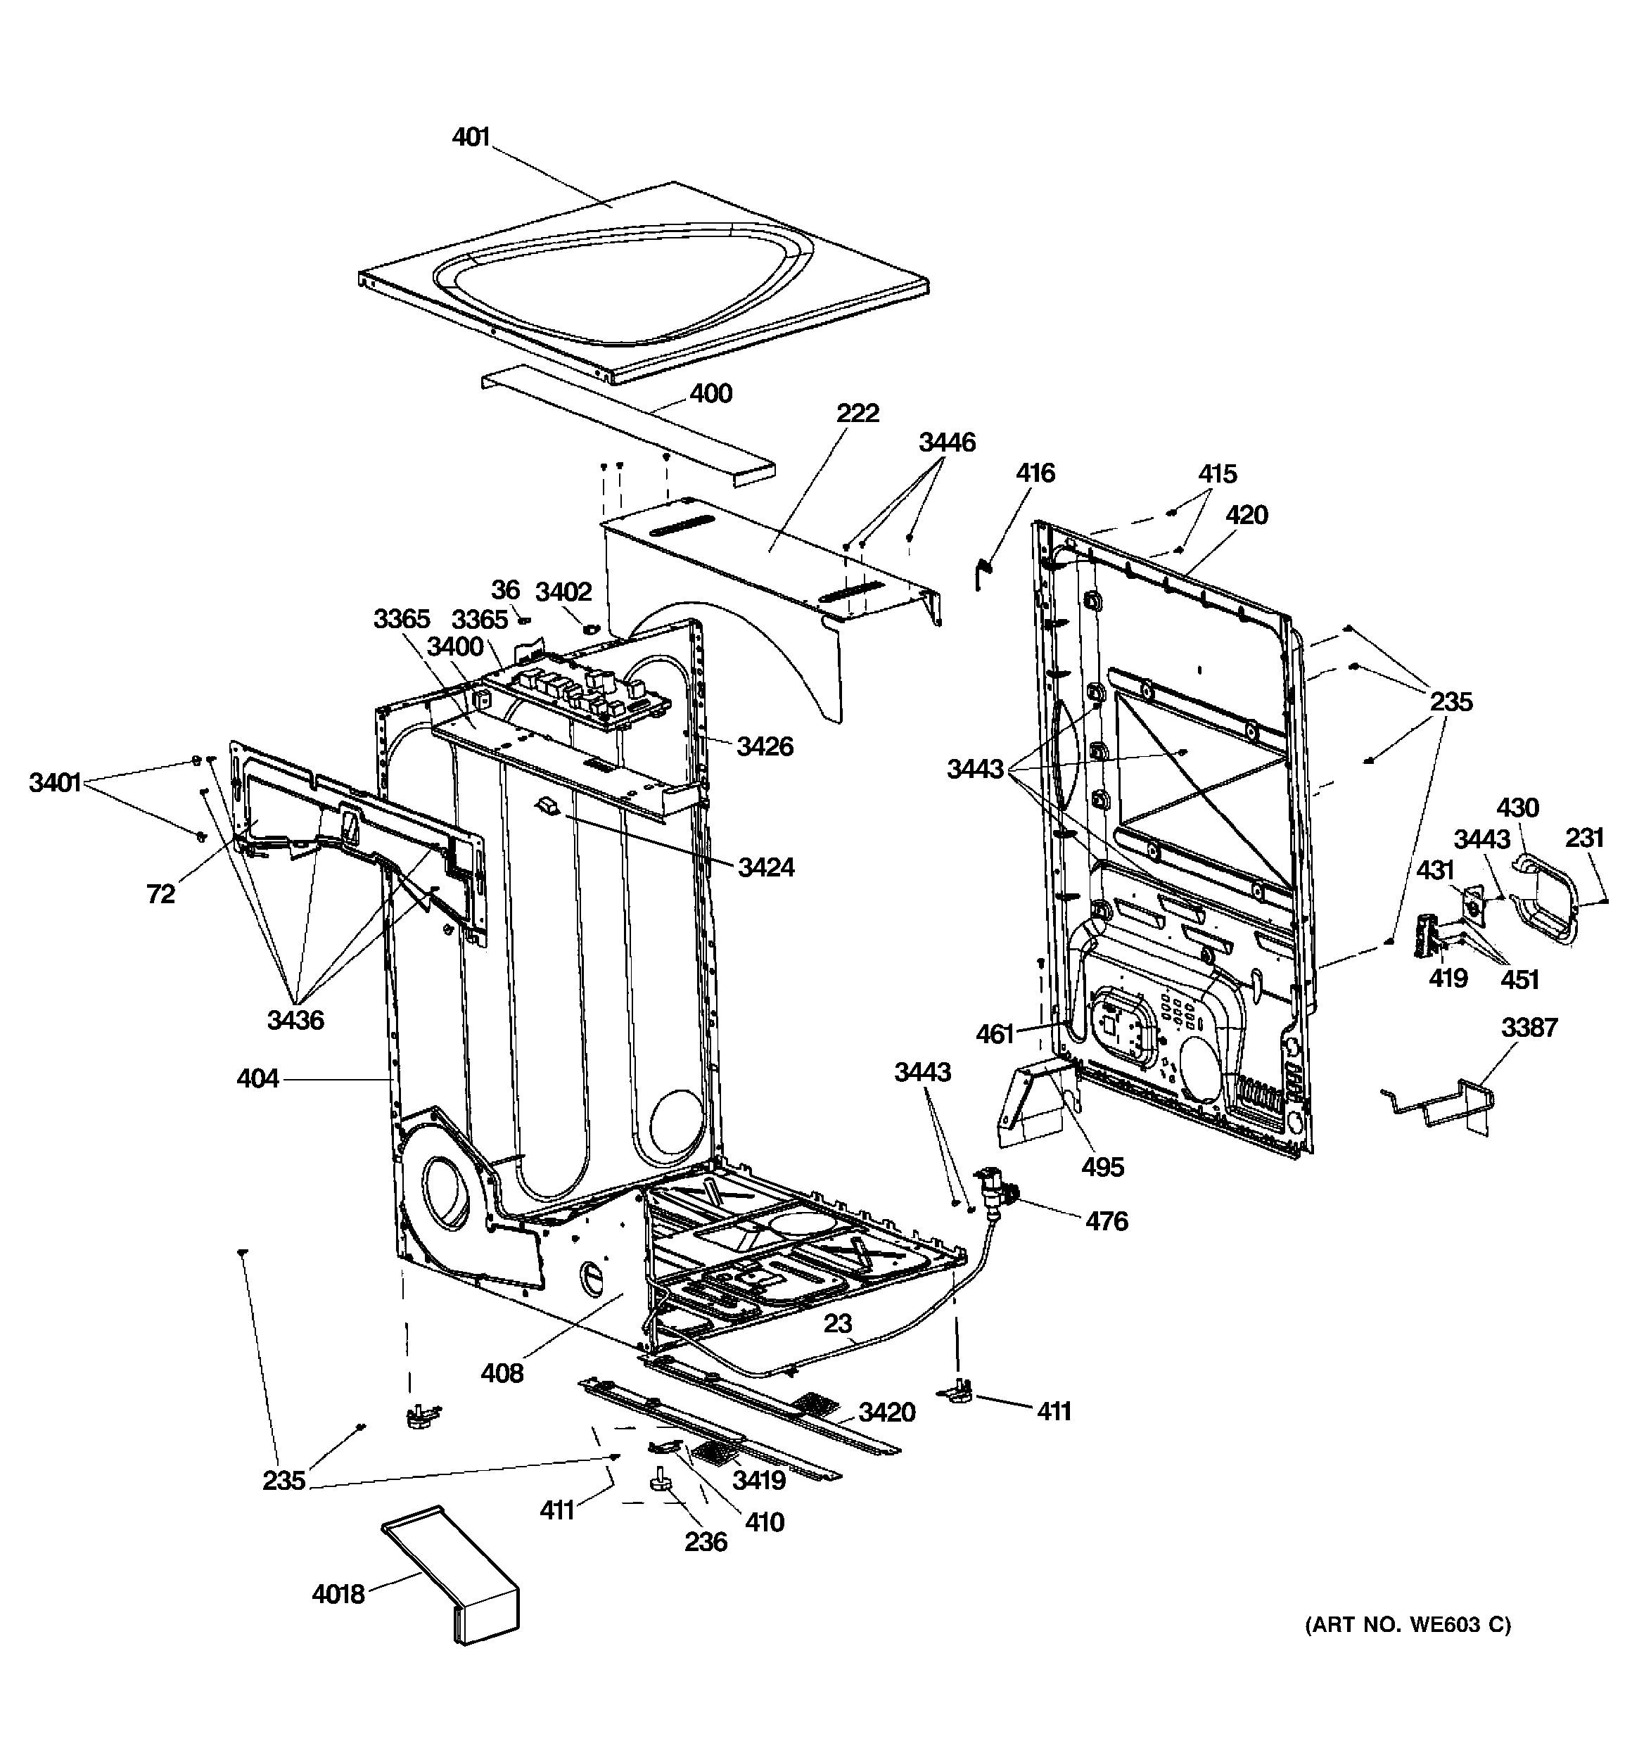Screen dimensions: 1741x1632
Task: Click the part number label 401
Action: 471,137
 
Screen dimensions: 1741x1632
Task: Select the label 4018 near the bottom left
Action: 338,1595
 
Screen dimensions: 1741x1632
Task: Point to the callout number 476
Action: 1107,1220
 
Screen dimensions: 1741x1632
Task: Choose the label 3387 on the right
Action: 1529,1027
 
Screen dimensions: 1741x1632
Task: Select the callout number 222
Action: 857,412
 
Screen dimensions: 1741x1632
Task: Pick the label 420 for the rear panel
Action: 1246,515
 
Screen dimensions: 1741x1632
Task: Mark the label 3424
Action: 765,867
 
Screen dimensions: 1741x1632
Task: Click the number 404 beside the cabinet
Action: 257,1079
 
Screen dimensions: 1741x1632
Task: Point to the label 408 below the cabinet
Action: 502,1373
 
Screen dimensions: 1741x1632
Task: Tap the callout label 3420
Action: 886,1412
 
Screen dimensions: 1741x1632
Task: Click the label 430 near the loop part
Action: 1517,808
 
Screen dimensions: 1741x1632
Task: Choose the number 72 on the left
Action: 160,893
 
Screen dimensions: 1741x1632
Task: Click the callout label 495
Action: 1102,1166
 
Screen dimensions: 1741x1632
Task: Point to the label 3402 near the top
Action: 563,592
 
